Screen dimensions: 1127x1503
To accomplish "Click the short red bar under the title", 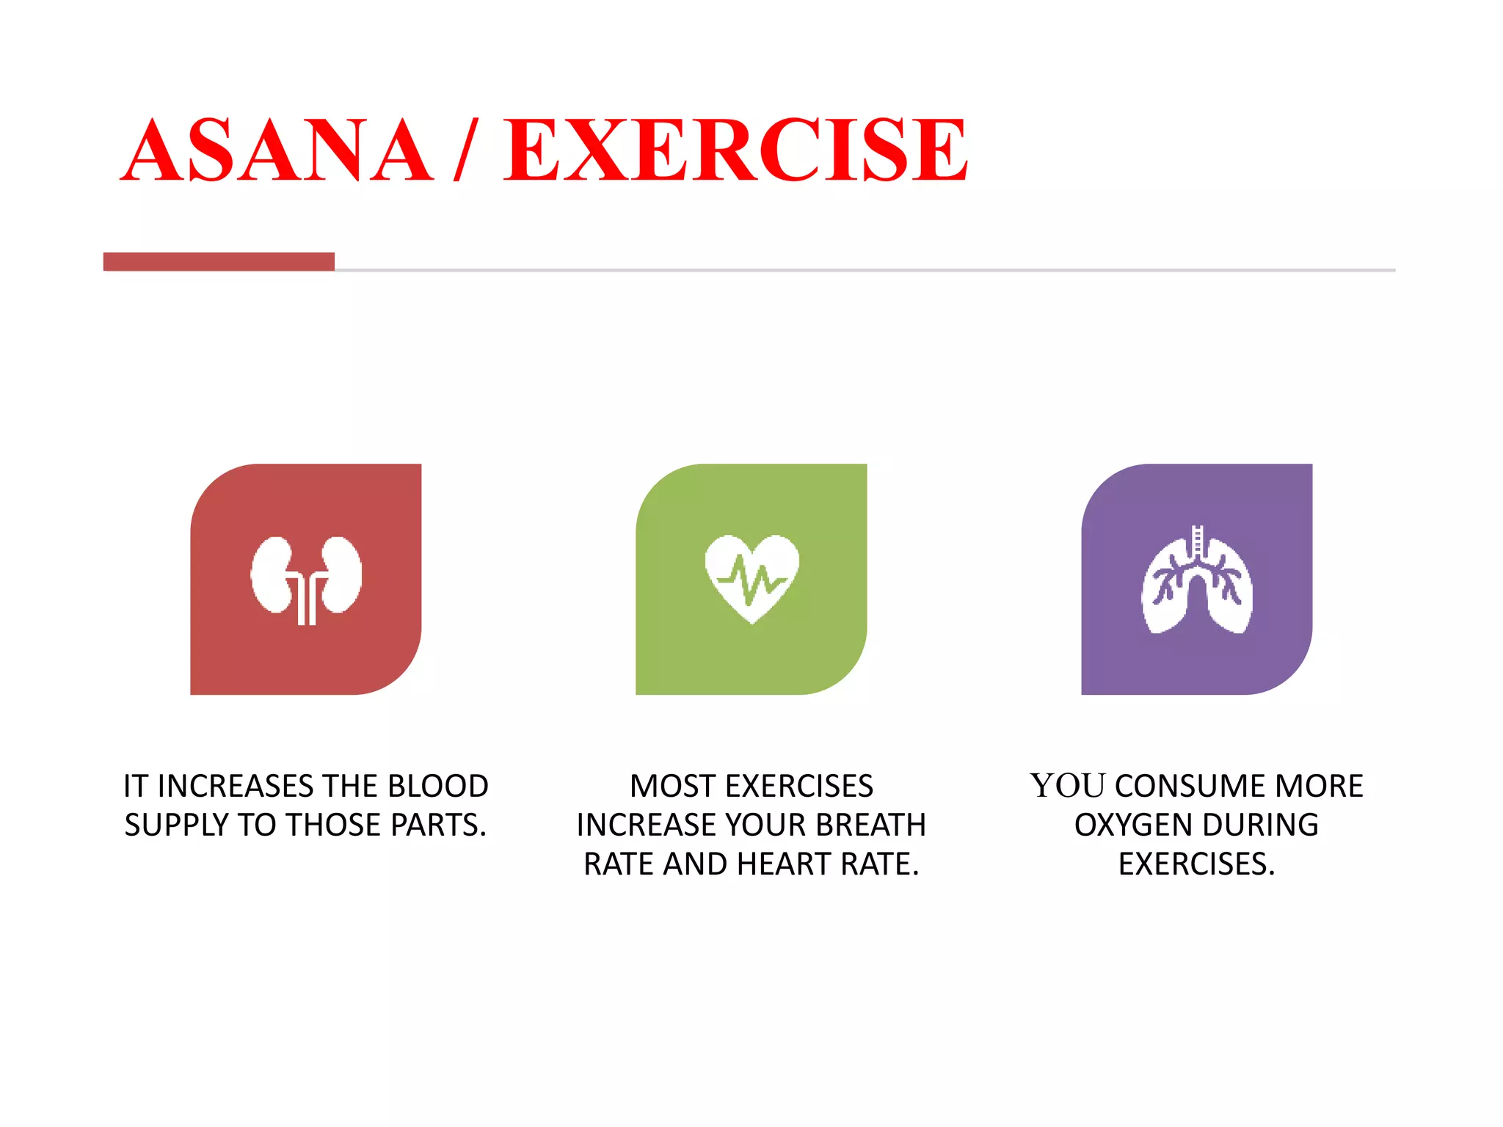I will (219, 262).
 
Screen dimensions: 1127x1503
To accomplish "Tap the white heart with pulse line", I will (751, 578).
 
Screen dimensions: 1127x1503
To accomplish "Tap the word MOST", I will (672, 787).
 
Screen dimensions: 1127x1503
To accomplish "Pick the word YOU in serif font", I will (1068, 787).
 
